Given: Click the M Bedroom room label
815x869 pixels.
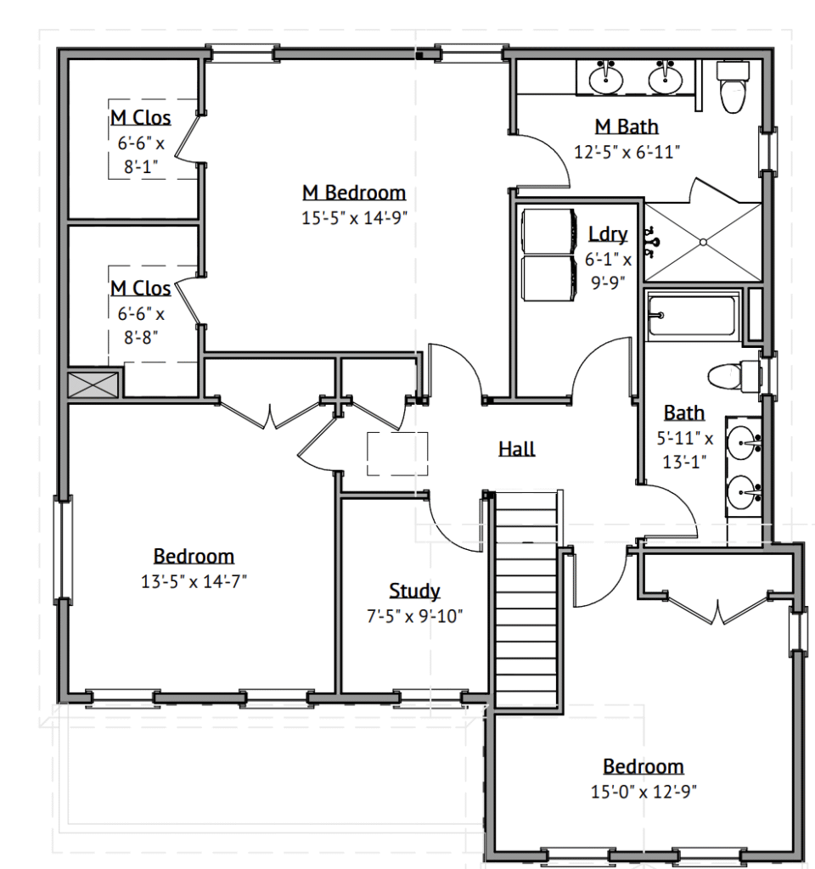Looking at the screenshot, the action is click(x=354, y=193).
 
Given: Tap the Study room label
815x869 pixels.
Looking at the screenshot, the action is click(x=414, y=591).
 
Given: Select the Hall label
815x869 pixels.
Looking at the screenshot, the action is click(x=516, y=448).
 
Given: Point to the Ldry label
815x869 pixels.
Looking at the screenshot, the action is click(x=608, y=234).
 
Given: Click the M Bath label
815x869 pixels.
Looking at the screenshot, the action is click(x=627, y=126).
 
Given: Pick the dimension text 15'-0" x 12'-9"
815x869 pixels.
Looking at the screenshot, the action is click(x=644, y=792).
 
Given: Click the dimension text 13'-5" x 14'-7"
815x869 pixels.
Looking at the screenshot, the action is click(x=193, y=581).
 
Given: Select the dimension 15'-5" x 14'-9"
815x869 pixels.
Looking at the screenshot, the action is click(x=354, y=218).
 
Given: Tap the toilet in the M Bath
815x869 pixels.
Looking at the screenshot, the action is click(x=733, y=87).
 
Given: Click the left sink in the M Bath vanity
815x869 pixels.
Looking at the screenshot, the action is click(x=605, y=78).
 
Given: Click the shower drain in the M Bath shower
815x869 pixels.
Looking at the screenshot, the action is click(x=703, y=242).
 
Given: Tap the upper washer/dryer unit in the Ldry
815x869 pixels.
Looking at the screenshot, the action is click(x=548, y=231).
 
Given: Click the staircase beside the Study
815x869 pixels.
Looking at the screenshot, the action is click(x=526, y=599).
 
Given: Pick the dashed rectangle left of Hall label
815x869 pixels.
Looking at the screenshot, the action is click(x=397, y=454).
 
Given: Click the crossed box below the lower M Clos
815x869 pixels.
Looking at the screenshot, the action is click(x=93, y=384).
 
